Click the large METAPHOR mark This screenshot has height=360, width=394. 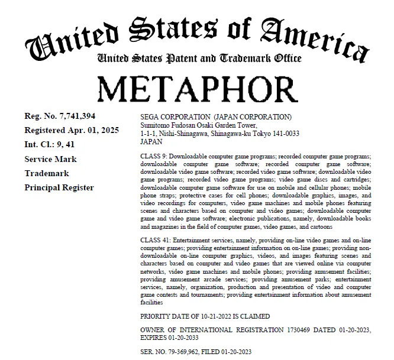(x=196, y=89)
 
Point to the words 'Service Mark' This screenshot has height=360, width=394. (x=50, y=159)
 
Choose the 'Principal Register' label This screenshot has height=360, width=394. (x=59, y=187)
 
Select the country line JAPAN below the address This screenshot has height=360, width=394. (x=151, y=142)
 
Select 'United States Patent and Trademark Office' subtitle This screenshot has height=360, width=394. (x=199, y=59)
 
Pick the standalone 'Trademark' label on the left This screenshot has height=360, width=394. (x=47, y=173)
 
